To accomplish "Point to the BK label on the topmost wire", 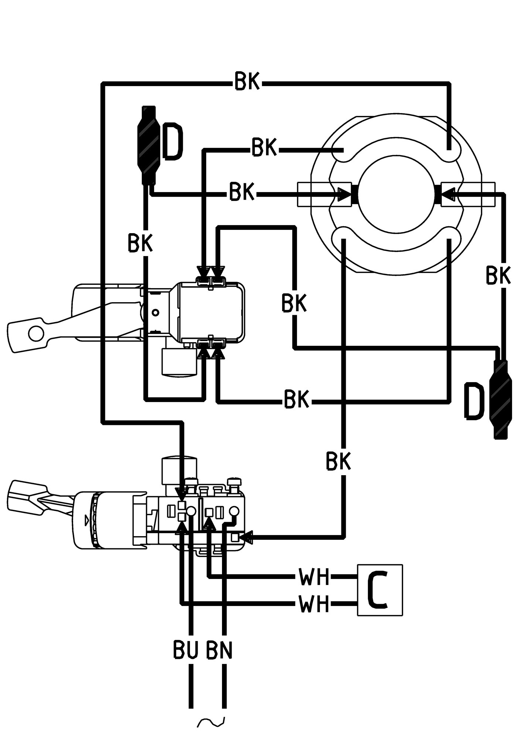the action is pos(248,81).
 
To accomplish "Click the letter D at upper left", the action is pos(172,142).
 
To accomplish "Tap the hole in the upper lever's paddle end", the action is pos(35,333).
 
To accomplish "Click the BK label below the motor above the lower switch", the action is pos(338,462).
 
